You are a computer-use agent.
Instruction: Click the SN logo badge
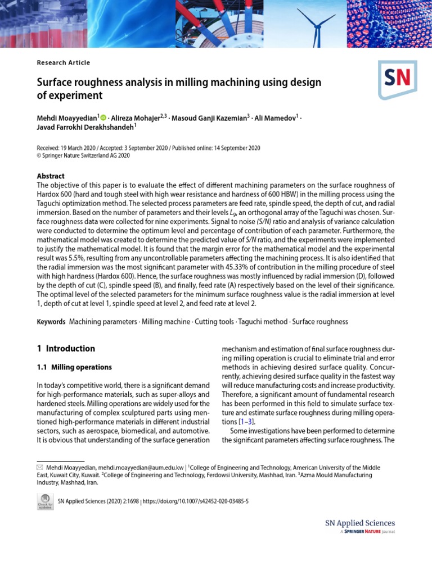coord(397,79)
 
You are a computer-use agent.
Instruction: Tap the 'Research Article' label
coord(64,63)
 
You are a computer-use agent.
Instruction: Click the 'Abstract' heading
coord(51,176)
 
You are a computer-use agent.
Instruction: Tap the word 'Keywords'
coord(52,322)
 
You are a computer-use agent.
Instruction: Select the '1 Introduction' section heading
coord(66,348)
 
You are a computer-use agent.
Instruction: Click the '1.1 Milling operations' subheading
coord(74,367)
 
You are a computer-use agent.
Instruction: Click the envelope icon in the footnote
coord(39,467)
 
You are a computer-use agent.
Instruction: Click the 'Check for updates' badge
coord(45,501)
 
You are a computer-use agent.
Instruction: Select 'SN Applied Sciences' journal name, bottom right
coord(360,523)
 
